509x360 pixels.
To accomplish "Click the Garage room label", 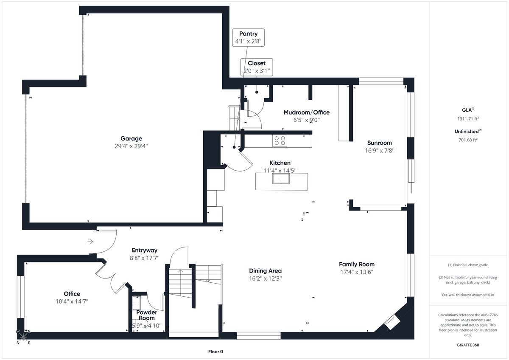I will point(131,138).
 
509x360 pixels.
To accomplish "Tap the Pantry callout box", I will point(248,37).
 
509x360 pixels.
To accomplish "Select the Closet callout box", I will point(257,67).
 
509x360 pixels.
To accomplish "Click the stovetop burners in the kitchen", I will point(280,141).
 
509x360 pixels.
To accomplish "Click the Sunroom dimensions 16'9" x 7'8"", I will point(380,150).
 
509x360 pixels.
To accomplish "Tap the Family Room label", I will point(357,264).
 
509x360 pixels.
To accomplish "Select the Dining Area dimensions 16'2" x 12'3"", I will point(266,278).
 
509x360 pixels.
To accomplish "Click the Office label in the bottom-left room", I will point(72,294).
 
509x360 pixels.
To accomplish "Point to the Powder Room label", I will point(146,315).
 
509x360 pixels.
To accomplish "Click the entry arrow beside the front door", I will point(90,242).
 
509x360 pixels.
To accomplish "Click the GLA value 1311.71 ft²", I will point(468,119).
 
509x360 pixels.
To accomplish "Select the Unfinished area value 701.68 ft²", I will point(468,139).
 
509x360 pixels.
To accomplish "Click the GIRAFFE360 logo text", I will point(468,345).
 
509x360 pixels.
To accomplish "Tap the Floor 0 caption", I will point(215,352).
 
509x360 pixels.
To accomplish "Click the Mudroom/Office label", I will point(306,112).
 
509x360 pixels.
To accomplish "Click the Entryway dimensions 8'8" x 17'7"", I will point(145,258).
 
